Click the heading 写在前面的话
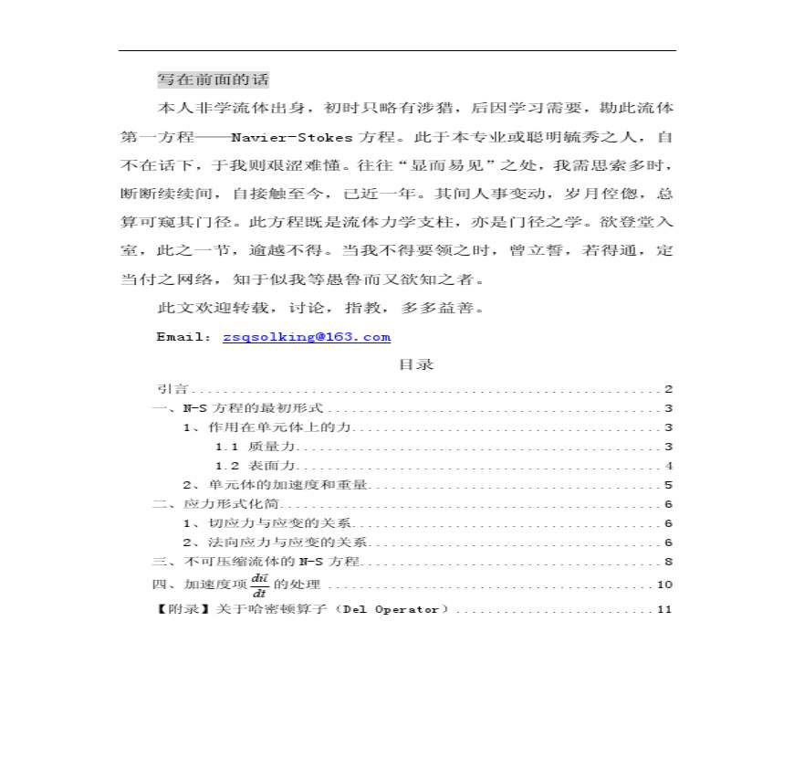(214, 79)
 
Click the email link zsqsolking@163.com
(307, 337)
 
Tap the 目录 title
(415, 364)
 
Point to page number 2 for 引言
(668, 389)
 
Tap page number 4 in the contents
(668, 466)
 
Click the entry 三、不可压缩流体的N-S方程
(256, 562)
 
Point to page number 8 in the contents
(668, 562)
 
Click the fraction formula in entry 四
(259, 584)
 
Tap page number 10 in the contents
(664, 585)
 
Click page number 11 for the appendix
(664, 609)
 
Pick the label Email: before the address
(184, 337)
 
